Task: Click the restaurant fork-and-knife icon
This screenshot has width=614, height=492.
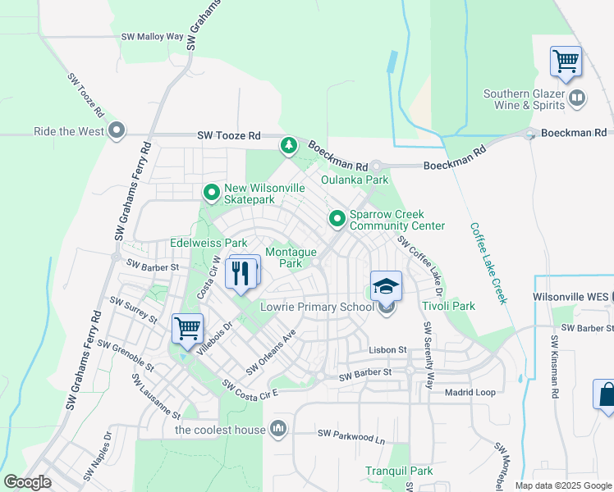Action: click(x=241, y=271)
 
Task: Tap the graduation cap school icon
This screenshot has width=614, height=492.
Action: click(x=386, y=286)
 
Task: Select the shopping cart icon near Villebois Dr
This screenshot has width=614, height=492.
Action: click(x=188, y=328)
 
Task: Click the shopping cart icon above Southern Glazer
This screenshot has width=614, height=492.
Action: click(x=566, y=61)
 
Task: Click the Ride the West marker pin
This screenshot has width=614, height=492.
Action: click(x=117, y=131)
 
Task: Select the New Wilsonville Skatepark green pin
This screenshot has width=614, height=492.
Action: click(x=212, y=193)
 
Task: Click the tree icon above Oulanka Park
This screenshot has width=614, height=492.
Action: click(x=288, y=146)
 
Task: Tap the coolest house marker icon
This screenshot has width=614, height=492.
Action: click(x=278, y=428)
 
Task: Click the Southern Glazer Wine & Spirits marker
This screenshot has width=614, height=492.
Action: click(x=576, y=99)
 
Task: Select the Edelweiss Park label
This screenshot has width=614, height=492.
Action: click(x=208, y=244)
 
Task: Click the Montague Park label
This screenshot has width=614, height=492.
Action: click(x=285, y=258)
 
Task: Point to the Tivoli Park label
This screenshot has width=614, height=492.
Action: click(x=448, y=307)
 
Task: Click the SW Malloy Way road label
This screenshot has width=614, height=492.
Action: click(x=153, y=37)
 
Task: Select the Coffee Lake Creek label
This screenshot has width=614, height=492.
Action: click(x=488, y=263)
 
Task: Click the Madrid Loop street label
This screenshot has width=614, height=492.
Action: click(x=470, y=392)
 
